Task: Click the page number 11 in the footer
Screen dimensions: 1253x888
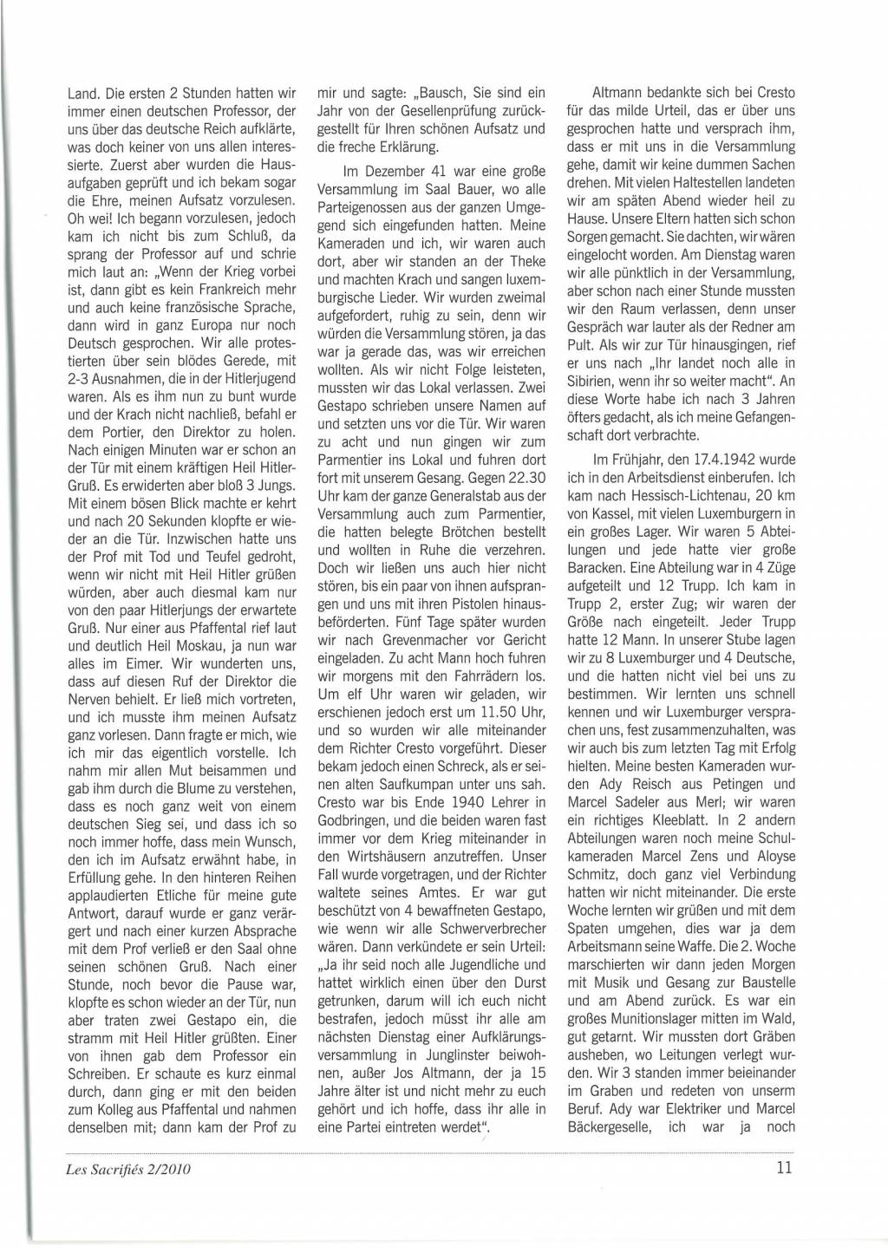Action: pyautogui.click(x=784, y=1166)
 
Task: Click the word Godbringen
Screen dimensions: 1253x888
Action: pyautogui.click(x=354, y=819)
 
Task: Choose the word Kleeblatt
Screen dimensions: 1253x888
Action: pyautogui.click(x=679, y=818)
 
